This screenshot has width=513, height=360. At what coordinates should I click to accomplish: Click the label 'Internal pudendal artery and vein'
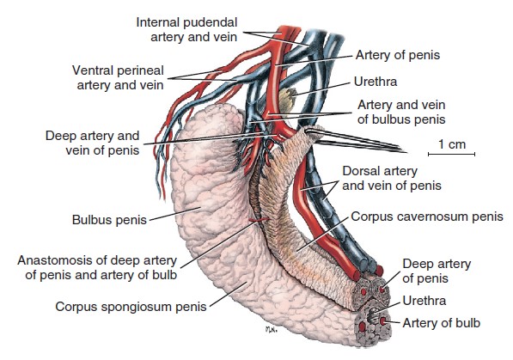186,29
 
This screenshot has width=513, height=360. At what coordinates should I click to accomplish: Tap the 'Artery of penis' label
398,55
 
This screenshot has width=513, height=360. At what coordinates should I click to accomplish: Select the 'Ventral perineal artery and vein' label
118,77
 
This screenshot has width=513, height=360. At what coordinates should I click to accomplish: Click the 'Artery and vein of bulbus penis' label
401,112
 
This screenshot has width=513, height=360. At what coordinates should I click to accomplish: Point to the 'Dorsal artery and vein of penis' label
392,178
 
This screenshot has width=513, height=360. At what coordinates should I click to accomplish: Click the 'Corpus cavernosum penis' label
427,217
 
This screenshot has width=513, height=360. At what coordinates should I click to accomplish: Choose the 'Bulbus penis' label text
109,220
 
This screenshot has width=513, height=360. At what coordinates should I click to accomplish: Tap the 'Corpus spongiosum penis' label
131,307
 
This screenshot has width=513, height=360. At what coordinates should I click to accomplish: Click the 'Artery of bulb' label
442,323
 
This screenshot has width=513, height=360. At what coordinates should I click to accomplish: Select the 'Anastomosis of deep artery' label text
97,260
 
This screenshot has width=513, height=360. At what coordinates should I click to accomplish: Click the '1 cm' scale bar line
451,154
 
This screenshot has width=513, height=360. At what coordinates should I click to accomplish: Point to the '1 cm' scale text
452,144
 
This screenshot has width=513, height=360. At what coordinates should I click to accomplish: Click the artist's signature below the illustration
272,330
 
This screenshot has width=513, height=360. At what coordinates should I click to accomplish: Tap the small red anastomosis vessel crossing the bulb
260,220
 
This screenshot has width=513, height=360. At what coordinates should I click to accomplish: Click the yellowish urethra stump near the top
288,98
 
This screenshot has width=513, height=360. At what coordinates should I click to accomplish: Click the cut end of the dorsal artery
355,276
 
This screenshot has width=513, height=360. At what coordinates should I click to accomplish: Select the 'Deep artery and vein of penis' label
92,143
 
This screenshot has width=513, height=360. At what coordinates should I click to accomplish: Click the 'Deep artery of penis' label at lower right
437,271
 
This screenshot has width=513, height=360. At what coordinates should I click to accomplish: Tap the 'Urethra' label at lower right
424,301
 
